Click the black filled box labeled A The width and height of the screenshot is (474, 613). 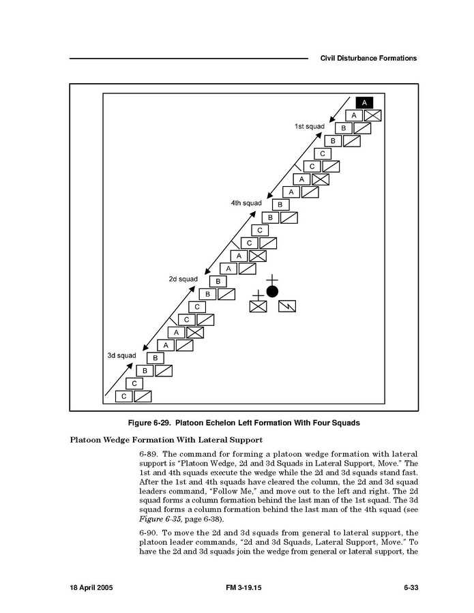[x=364, y=102]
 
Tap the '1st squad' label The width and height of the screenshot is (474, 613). [x=309, y=127]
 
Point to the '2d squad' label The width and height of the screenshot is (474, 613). [x=183, y=279]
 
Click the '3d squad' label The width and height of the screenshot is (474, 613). [x=121, y=355]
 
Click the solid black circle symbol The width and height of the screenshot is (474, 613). [x=272, y=292]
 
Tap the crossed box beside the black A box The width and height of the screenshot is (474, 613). [x=372, y=115]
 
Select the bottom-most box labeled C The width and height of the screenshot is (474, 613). [x=123, y=396]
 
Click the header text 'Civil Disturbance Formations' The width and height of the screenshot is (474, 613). [x=368, y=59]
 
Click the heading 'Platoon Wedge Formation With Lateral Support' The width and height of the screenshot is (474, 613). [x=166, y=439]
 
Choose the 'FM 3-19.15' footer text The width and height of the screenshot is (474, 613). [x=244, y=588]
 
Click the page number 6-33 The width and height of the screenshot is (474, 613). [x=410, y=588]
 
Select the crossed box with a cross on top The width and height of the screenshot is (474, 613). [x=258, y=305]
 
